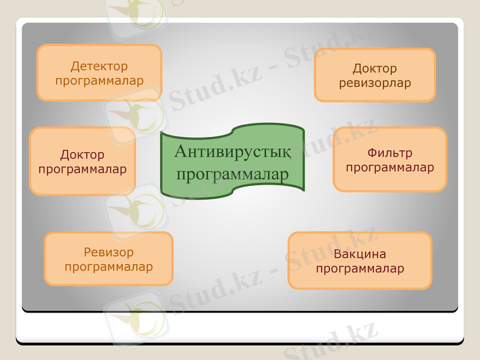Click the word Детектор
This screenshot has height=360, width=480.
[99, 66]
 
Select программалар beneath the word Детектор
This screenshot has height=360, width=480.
[99, 80]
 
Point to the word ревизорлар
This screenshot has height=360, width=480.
[375, 83]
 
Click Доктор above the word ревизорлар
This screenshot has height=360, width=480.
[375, 69]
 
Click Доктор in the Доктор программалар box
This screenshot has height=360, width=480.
[82, 155]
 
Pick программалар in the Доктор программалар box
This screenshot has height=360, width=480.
[82, 169]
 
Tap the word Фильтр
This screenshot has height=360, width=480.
[390, 154]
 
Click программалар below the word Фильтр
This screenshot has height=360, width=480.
[390, 168]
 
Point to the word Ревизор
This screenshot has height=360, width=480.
[109, 252]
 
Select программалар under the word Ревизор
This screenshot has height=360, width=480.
[109, 266]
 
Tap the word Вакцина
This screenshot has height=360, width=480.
[360, 254]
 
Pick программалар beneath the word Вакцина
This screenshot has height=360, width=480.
[360, 268]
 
